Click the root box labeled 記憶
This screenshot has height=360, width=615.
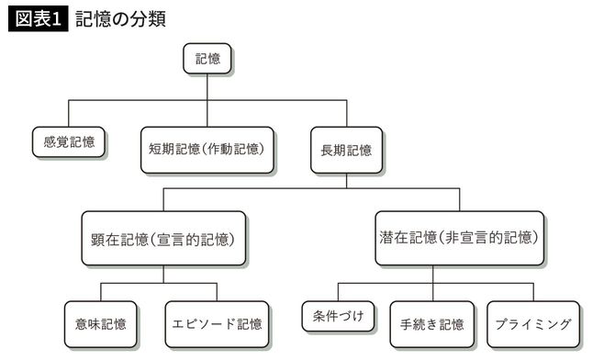207,59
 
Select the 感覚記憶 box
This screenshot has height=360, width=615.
69,142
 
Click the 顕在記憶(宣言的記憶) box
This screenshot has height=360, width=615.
164,239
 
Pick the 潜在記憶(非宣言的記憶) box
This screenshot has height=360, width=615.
460,238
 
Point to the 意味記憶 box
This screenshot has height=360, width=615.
101,323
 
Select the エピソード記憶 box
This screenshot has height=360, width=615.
218,323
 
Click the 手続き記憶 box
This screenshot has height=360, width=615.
431,323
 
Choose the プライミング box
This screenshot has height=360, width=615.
532,323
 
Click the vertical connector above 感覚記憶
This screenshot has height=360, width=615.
69,114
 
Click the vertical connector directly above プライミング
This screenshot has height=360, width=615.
532,291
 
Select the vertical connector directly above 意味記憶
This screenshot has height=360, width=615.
101,291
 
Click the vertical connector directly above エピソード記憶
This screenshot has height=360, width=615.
218,291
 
